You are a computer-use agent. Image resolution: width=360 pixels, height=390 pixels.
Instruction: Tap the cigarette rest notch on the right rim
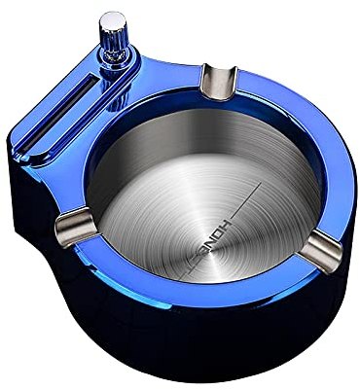point(312,255)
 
